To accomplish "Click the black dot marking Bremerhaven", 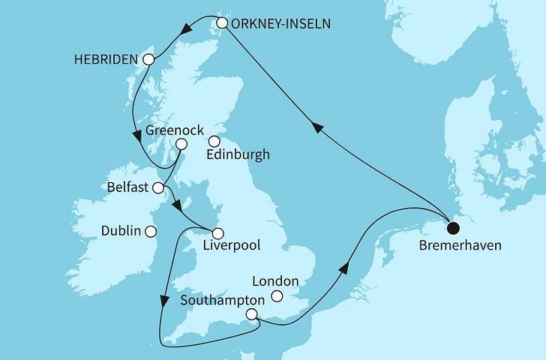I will click(x=452, y=229).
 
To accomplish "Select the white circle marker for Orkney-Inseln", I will click(x=222, y=23).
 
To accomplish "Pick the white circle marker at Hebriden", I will click(x=148, y=59).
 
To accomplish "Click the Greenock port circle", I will click(x=181, y=144).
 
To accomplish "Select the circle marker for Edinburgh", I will click(x=214, y=140).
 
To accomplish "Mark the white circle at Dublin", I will click(x=151, y=231).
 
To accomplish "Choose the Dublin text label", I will click(x=121, y=231).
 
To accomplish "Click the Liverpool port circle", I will click(x=217, y=232).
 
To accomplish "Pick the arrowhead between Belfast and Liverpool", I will click(x=175, y=205).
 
